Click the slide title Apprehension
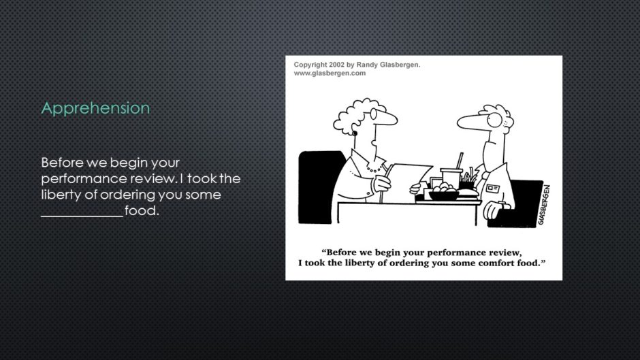click(95, 108)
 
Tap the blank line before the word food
click(82, 216)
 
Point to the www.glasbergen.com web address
click(330, 73)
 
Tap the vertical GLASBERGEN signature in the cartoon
click(544, 204)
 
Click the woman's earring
click(355, 133)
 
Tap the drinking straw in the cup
click(460, 161)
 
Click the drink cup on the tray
click(451, 178)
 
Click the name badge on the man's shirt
click(493, 188)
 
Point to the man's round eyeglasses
click(495, 120)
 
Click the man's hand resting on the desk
click(494, 210)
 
